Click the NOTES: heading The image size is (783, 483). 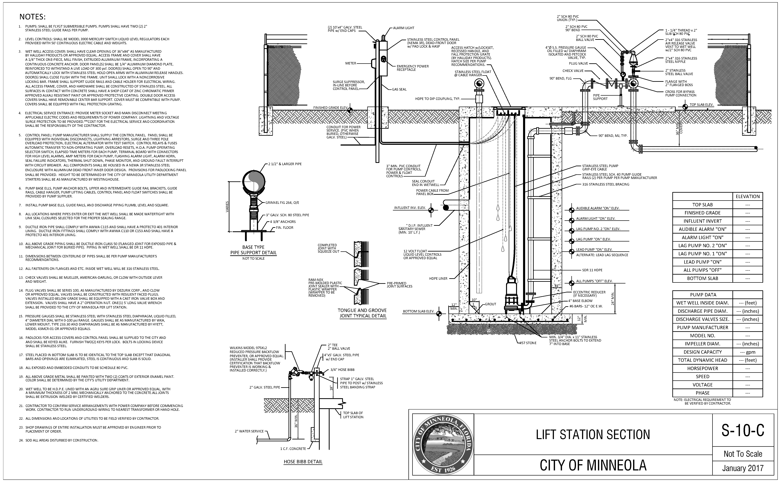coord(33,17)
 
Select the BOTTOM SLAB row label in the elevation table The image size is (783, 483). coord(703,278)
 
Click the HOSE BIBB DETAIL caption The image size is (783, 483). coord(303,462)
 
